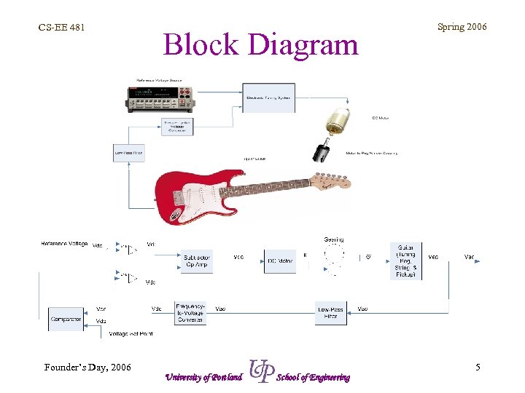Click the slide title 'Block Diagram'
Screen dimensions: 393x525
pos(261,44)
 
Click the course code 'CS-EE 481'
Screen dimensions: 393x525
pos(62,28)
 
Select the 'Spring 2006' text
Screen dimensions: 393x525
pos(462,27)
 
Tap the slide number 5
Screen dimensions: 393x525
pos(478,368)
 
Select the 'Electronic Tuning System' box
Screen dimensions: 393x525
pos(268,97)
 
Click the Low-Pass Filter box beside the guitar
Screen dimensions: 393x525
pos(128,154)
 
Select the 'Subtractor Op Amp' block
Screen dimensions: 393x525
pos(198,260)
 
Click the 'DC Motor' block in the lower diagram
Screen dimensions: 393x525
pos(280,261)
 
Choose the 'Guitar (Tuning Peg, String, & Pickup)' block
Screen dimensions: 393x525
pos(405,261)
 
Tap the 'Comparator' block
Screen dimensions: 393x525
pos(66,318)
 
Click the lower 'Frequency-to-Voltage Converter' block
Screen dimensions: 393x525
pos(191,313)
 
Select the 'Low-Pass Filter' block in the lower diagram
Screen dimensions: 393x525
pos(330,313)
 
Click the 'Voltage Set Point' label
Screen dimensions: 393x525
pos(131,334)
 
